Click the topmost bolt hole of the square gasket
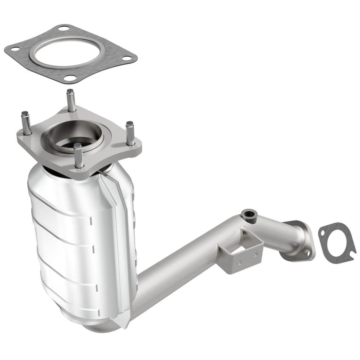coord(63,28)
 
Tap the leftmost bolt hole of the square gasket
coord(15,49)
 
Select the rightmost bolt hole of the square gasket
coord(127,58)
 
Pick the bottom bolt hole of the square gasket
coord(71,78)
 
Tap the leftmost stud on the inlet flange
coord(25,123)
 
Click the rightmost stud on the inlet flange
coord(130,133)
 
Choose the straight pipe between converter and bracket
coord(180,257)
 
